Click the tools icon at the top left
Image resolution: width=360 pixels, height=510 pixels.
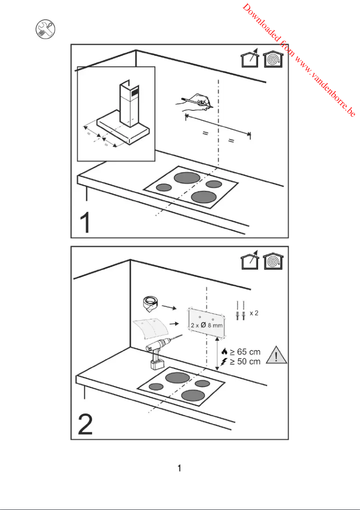coord(45,30)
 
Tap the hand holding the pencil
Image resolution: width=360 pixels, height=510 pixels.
coord(200,102)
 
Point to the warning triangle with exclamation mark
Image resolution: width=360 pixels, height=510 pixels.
coord(277,356)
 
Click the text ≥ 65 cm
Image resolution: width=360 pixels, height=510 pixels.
coord(245,352)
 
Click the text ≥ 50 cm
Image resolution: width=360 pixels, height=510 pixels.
coord(245,361)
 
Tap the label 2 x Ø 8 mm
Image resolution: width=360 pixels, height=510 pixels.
coord(206,325)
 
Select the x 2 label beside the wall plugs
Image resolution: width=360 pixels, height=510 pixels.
coord(254,312)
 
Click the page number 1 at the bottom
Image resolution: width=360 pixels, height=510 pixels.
coord(180,468)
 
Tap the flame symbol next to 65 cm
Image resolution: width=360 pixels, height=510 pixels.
coord(224,352)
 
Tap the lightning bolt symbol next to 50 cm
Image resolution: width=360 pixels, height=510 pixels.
coord(224,362)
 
